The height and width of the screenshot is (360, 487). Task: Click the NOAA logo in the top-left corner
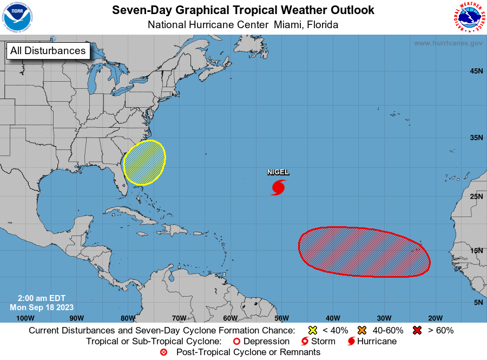click(17, 17)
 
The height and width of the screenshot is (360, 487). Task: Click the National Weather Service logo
click(469, 17)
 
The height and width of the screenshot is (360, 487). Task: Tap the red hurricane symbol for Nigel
click(278, 187)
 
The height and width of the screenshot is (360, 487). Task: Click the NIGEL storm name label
click(278, 172)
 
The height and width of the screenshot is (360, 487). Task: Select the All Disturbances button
click(48, 51)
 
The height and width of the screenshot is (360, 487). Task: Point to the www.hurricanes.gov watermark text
click(448, 43)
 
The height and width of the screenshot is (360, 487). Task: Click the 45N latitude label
click(476, 71)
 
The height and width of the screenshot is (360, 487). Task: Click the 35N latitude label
click(476, 138)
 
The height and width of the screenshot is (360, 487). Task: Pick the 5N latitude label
click(478, 302)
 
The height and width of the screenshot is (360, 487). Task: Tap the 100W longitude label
click(25, 318)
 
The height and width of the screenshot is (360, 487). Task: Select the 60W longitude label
click(230, 318)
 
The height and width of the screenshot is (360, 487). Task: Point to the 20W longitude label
click(435, 318)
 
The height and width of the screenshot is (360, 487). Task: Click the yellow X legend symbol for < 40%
click(312, 330)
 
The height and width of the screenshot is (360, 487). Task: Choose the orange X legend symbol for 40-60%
click(362, 330)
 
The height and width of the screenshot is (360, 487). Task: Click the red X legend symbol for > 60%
click(418, 330)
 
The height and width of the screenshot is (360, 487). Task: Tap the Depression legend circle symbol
click(236, 342)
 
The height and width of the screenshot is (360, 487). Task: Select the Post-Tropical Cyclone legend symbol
click(163, 352)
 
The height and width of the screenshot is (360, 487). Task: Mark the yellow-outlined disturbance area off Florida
click(144, 162)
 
